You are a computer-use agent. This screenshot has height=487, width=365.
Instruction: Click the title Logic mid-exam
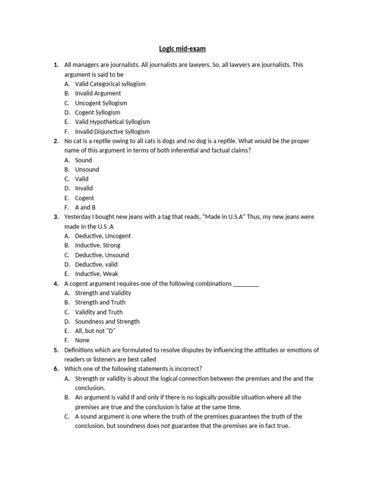click(182, 49)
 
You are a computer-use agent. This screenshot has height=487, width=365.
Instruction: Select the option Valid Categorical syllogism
click(110, 84)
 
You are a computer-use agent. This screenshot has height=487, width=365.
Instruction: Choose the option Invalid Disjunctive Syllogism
click(112, 131)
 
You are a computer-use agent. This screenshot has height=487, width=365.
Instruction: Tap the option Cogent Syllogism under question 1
click(97, 112)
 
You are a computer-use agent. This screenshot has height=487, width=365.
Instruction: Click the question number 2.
click(56, 141)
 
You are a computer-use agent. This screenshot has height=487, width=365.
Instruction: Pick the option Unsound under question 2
click(87, 169)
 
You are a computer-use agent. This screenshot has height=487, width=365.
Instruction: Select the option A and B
click(85, 207)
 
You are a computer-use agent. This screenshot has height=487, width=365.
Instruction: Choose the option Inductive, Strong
click(97, 245)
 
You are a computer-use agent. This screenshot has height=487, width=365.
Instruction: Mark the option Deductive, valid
click(96, 264)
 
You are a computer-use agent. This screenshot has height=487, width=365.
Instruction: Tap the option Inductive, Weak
click(96, 274)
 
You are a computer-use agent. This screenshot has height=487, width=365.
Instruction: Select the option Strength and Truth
click(100, 302)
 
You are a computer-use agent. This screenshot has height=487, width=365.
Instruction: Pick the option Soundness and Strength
click(107, 321)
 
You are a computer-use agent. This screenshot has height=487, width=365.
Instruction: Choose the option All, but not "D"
click(95, 331)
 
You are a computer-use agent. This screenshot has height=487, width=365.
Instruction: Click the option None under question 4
click(82, 341)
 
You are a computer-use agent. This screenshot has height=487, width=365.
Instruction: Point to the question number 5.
click(56, 350)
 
